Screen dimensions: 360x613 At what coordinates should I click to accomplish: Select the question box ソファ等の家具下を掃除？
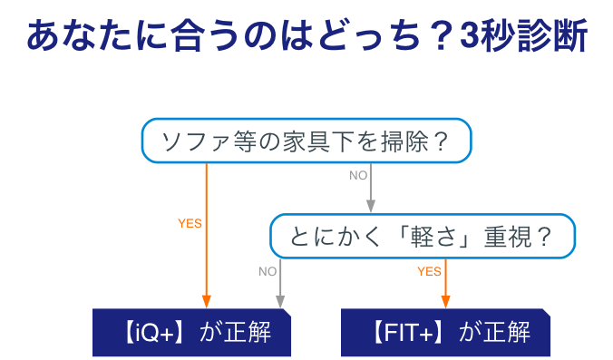tap(306, 141)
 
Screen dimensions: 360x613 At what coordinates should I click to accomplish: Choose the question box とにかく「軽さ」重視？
tap(422, 237)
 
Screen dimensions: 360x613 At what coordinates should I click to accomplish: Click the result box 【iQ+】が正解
tap(194, 332)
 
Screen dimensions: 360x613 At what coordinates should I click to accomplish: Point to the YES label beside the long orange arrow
tap(190, 222)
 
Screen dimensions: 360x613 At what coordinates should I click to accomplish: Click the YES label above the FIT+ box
tap(429, 270)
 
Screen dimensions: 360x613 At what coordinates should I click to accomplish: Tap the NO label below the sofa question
tap(358, 175)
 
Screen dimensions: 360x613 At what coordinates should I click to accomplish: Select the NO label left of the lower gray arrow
tap(268, 270)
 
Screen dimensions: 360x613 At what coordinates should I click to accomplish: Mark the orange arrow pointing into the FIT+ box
tap(445, 286)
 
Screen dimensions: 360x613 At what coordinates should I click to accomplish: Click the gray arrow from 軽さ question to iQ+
tap(281, 286)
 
